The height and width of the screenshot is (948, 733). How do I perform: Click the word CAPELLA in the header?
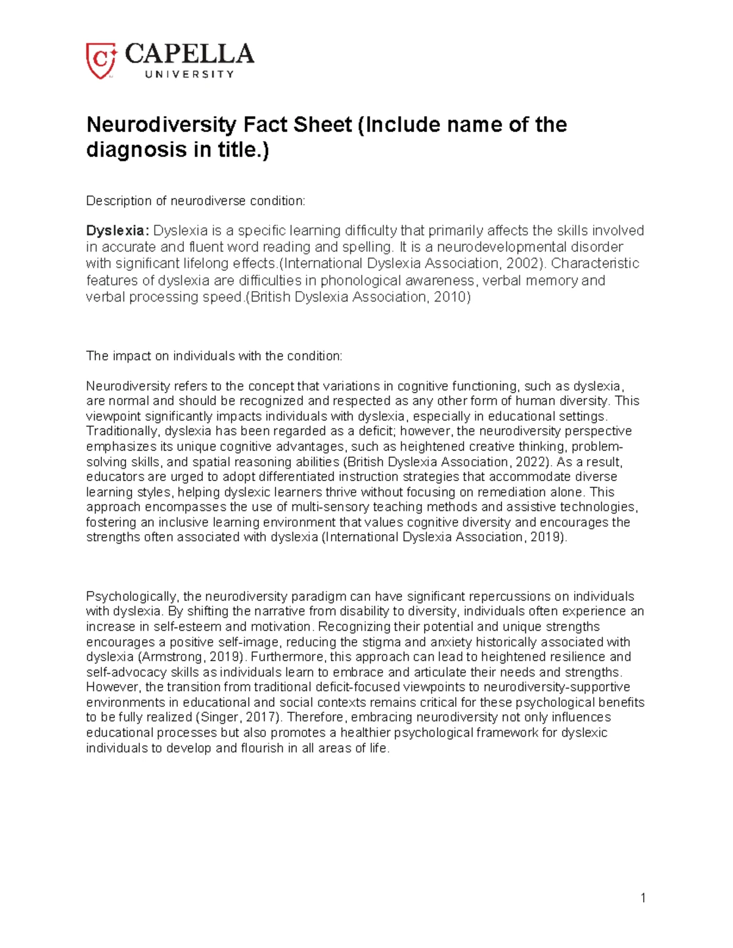189,54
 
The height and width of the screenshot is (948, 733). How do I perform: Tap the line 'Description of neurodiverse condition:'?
195,201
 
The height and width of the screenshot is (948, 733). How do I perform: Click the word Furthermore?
286,657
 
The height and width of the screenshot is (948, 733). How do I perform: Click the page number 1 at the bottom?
643,897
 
